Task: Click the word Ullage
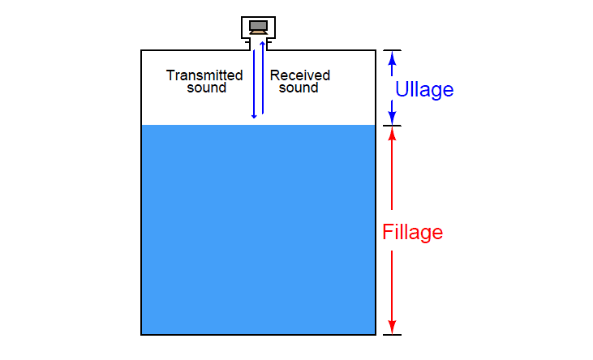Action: [x=423, y=90]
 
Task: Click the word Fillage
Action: [x=412, y=233]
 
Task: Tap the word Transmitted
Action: [x=204, y=75]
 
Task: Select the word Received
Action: [x=300, y=75]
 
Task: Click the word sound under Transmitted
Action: [x=206, y=88]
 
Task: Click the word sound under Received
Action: [x=299, y=88]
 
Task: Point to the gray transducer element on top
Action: [x=259, y=24]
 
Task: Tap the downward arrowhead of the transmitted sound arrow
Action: [x=254, y=115]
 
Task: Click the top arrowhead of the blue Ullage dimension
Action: [x=392, y=56]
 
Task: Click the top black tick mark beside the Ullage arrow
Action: [x=392, y=49]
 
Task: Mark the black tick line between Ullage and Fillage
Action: [x=392, y=126]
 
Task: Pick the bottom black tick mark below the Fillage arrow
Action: [x=392, y=334]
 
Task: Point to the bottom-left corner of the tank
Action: [x=142, y=333]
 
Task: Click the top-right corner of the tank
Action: [x=375, y=50]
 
